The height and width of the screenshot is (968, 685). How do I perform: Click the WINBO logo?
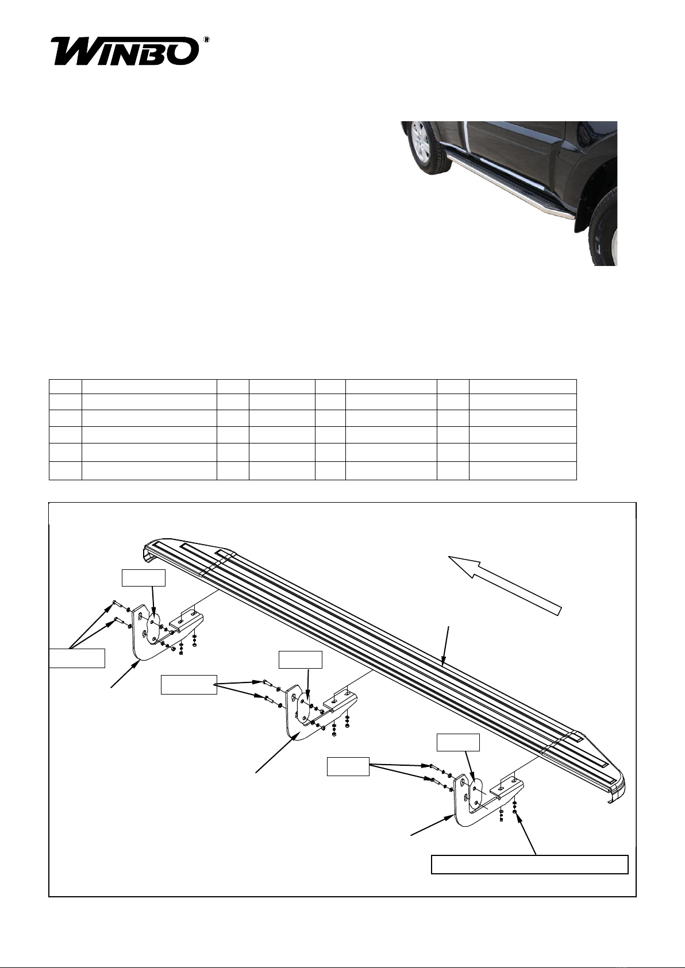click(x=125, y=52)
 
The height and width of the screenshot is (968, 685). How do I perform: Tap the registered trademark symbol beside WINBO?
click(x=206, y=40)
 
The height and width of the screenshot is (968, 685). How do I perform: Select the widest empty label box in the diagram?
click(x=529, y=864)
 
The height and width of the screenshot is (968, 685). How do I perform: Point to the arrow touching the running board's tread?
click(x=445, y=645)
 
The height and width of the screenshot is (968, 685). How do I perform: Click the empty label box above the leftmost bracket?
click(x=144, y=578)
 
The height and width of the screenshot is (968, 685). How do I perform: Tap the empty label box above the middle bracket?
click(x=301, y=660)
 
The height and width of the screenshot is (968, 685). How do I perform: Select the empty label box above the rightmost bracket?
click(x=458, y=742)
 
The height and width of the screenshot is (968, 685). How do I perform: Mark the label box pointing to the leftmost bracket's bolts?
click(x=77, y=658)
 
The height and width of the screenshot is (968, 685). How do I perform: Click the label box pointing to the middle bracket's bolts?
click(x=189, y=685)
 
